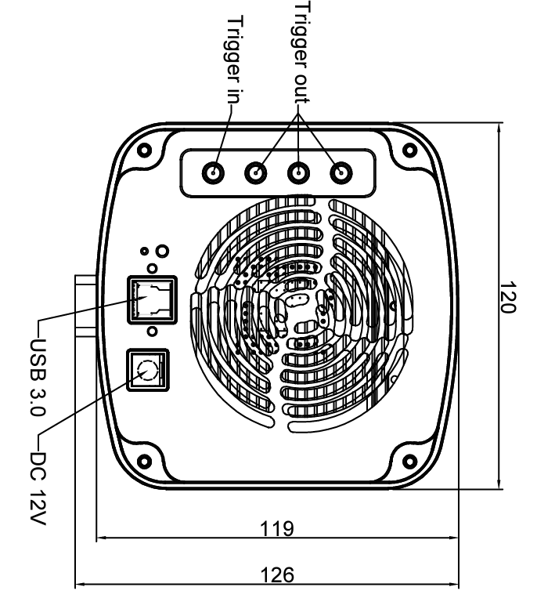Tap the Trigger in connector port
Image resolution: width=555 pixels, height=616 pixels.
click(213, 172)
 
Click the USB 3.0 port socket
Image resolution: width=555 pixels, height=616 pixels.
click(151, 299)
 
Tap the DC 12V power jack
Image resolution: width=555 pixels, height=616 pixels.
click(146, 368)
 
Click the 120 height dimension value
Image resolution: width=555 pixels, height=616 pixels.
click(508, 299)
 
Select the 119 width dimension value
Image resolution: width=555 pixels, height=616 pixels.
click(276, 528)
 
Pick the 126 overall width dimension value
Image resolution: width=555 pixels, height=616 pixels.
click(276, 575)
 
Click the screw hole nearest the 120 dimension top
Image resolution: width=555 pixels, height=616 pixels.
click(408, 150)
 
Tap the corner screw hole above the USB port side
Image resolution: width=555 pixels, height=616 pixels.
click(142, 150)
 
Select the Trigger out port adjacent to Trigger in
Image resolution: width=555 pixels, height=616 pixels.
click(255, 172)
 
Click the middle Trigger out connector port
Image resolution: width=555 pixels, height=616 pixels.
click(298, 172)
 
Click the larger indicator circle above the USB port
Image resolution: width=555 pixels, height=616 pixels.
click(161, 252)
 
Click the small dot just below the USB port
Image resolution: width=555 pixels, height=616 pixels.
click(151, 331)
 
